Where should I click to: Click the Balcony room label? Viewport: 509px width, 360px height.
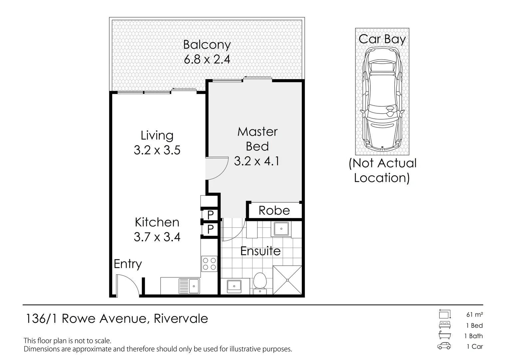[x=207, y=45]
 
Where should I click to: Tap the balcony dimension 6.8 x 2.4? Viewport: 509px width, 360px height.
[x=207, y=59]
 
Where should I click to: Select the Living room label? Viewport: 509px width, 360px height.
[x=157, y=135]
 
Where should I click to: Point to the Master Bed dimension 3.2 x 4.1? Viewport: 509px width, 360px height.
[x=257, y=161]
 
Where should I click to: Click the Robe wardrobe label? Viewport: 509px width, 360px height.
[x=274, y=210]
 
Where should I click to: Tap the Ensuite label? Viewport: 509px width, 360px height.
[x=260, y=251]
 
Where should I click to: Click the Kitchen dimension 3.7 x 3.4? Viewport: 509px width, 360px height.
[x=157, y=237]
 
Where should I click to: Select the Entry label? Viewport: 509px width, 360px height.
[x=128, y=264]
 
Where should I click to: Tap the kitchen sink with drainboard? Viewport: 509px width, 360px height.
[x=189, y=286]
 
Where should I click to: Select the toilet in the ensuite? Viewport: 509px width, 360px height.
[x=259, y=282]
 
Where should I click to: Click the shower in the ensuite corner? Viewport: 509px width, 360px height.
[x=287, y=280]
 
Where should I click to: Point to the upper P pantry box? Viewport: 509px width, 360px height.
[x=210, y=215]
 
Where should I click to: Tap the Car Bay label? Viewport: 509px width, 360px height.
[x=382, y=39]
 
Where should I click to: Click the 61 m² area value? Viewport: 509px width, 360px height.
[x=475, y=314]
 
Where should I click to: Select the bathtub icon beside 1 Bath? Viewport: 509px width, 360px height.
[x=444, y=335]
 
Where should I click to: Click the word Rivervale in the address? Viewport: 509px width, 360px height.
[x=181, y=319]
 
